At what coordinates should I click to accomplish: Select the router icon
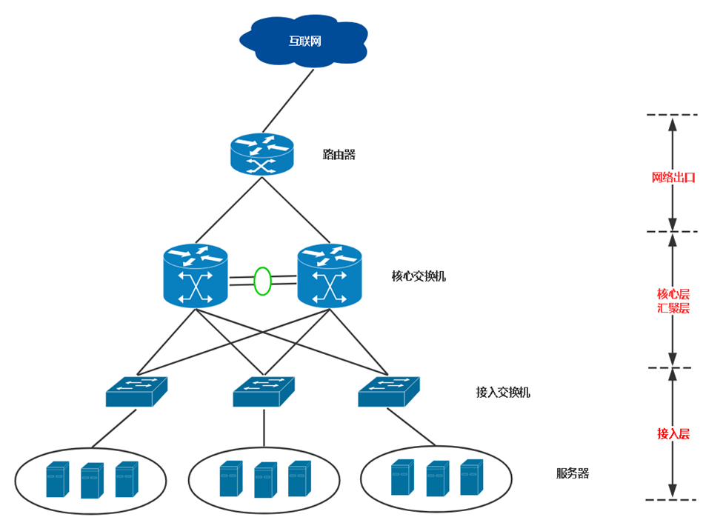click(x=261, y=155)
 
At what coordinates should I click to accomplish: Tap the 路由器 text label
click(x=339, y=155)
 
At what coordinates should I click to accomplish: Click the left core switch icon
click(x=195, y=276)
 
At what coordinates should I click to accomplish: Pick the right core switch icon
click(x=329, y=276)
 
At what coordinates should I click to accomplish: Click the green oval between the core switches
click(x=262, y=281)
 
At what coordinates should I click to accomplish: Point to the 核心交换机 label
click(x=419, y=276)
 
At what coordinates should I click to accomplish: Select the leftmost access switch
click(x=136, y=392)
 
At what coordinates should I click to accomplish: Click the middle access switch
click(x=264, y=392)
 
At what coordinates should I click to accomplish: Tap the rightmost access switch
click(x=388, y=392)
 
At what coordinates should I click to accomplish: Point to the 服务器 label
click(x=572, y=473)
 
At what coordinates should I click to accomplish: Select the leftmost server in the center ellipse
click(x=230, y=479)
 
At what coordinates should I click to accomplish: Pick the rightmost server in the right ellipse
click(x=470, y=478)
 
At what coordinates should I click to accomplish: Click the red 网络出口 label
click(x=673, y=178)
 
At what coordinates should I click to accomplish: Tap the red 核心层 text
click(x=673, y=293)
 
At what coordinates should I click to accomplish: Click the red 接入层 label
click(x=673, y=434)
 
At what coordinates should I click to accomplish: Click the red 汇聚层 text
click(x=673, y=308)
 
